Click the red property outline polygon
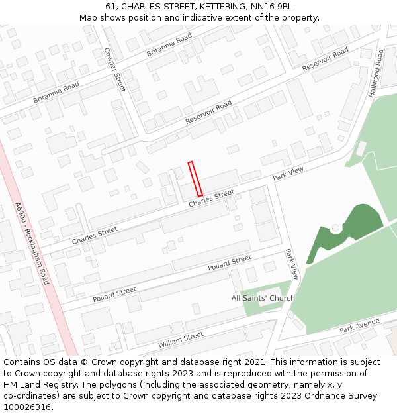195,178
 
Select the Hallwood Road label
376,74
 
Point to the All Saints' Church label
263,298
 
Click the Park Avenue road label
359,325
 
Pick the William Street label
181,340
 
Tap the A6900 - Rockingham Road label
32,243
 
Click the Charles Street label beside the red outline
211,198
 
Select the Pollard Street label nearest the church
229,262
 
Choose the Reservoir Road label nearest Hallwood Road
325,60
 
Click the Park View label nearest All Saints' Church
292,264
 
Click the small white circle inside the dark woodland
335,228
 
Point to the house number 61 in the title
110,6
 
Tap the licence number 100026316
28,407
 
